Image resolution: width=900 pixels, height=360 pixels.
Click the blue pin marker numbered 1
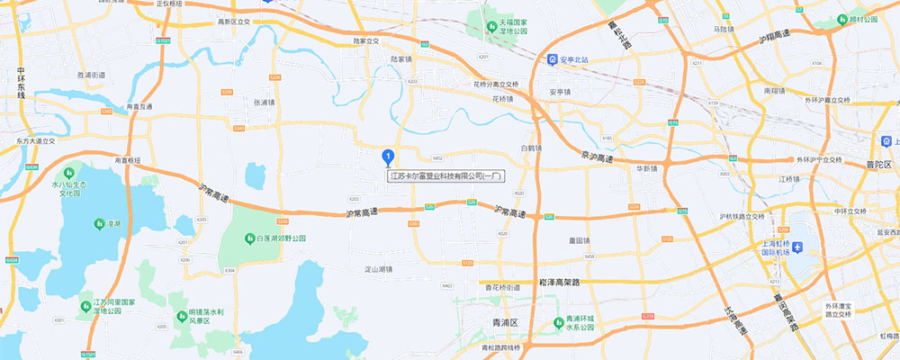coord(388,157)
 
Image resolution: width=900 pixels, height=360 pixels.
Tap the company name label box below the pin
coord(446,176)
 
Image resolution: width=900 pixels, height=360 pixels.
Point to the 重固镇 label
coord(579,240)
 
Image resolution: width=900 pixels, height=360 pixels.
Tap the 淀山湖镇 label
coord(377,268)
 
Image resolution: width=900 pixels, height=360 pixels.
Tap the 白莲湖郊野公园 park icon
coord(249,238)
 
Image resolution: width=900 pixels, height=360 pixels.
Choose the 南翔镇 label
coord(775,90)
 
